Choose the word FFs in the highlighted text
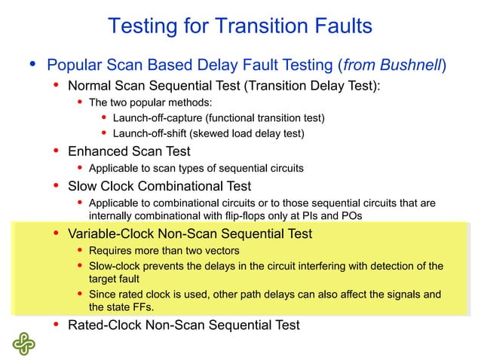152,307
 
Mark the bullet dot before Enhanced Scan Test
56,151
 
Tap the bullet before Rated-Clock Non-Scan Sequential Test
56,325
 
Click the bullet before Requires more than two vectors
80,250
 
